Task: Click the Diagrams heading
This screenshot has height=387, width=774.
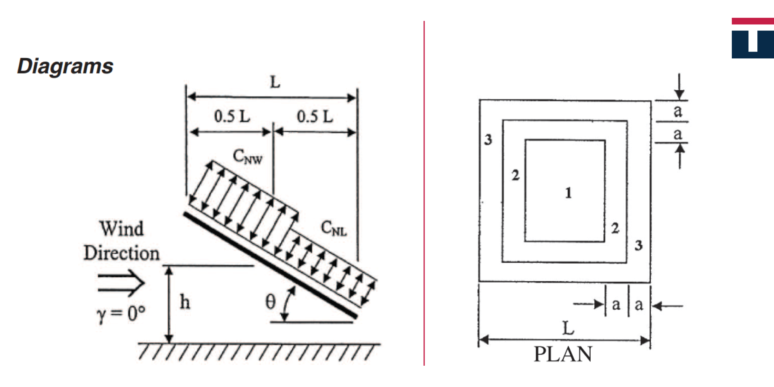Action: [65, 66]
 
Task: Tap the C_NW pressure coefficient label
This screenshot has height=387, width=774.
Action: [248, 157]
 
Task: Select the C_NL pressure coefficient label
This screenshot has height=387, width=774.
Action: [334, 228]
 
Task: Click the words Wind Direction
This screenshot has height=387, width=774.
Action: [122, 240]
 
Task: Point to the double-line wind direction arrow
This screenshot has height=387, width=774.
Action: [121, 283]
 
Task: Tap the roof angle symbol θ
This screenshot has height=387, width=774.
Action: [271, 301]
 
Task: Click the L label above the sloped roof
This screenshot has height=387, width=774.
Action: [275, 82]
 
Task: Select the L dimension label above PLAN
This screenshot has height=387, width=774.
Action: [568, 328]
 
